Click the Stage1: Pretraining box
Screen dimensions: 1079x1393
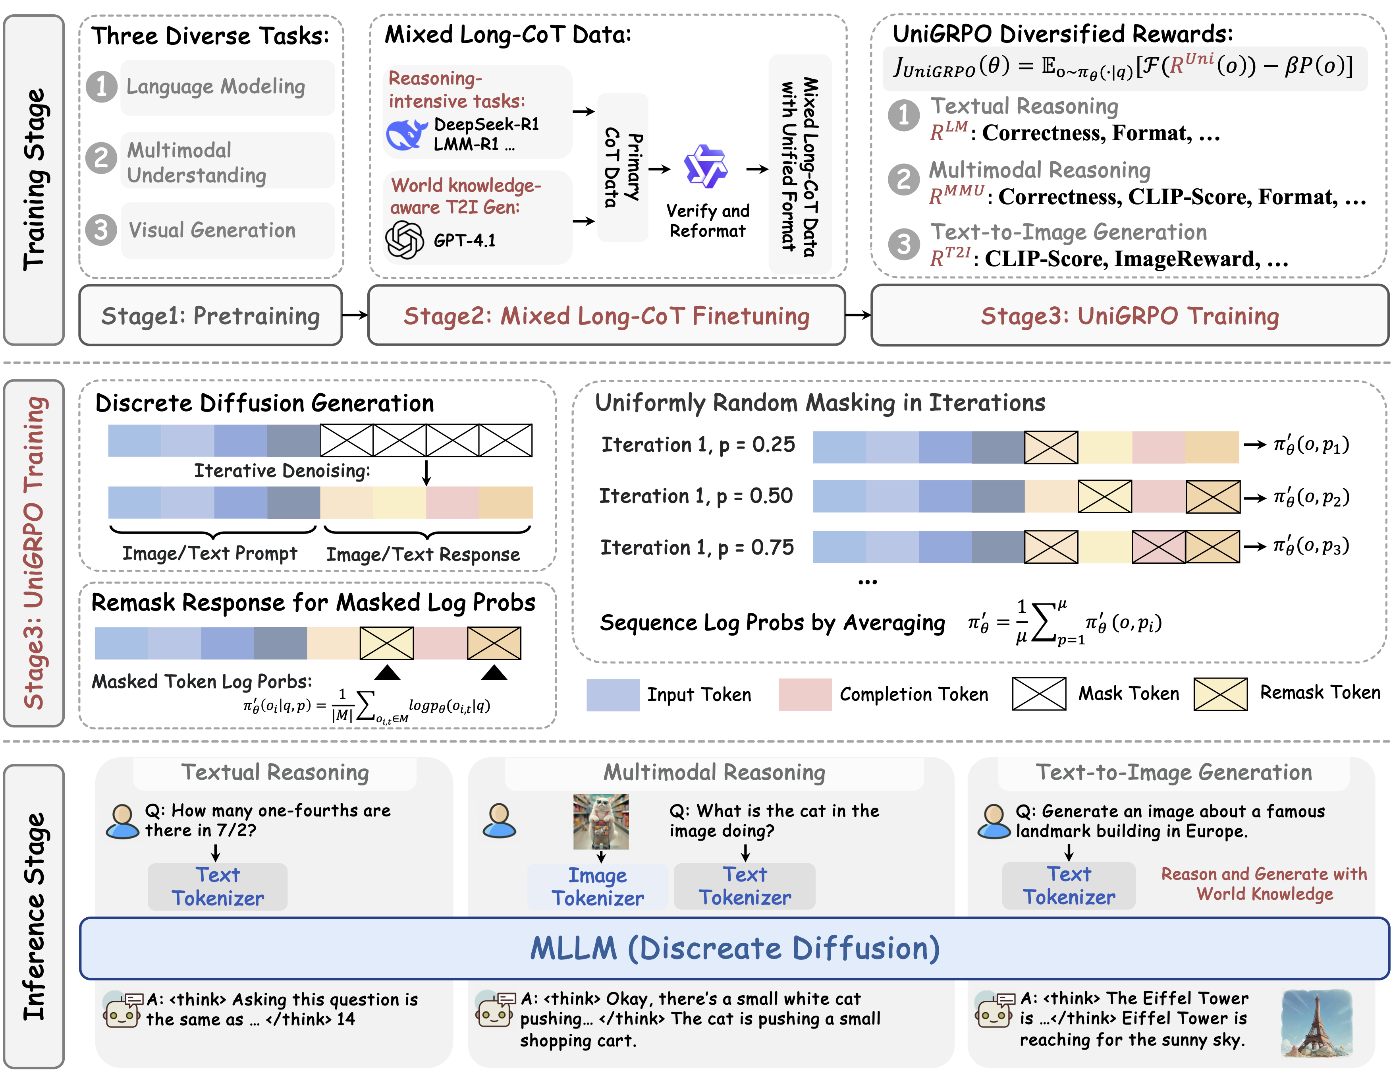210,315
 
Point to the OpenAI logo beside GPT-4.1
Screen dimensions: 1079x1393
404,240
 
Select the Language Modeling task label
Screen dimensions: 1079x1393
216,87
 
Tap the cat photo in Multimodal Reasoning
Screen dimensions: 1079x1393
601,821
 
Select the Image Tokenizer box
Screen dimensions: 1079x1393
598,886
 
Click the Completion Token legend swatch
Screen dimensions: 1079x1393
805,694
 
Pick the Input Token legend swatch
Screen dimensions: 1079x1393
612,694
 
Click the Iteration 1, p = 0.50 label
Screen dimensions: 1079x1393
696,496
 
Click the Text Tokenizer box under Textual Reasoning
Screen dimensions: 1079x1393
218,886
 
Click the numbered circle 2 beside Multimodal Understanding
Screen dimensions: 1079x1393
101,158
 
